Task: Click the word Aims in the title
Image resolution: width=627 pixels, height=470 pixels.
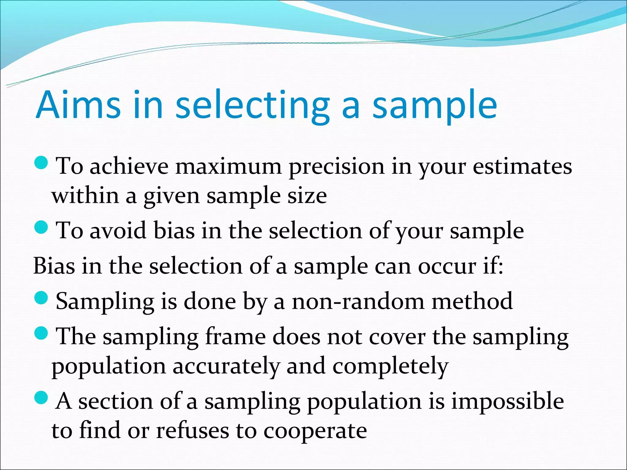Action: [78, 105]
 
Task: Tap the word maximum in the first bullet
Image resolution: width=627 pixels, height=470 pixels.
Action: [228, 167]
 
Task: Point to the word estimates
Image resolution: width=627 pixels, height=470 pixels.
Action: [522, 167]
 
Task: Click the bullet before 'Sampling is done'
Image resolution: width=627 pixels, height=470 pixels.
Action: [41, 298]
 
